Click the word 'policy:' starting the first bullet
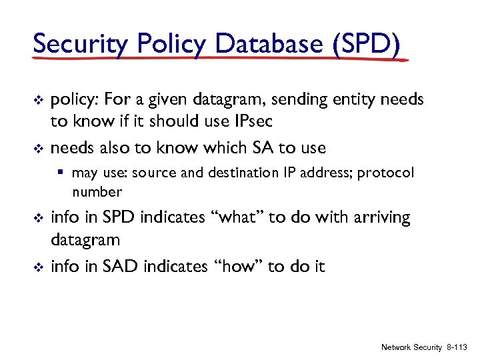(x=74, y=101)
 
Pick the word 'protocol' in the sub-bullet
(x=385, y=173)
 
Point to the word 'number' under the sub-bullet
(x=97, y=193)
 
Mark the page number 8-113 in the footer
(x=457, y=347)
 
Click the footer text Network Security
(x=411, y=347)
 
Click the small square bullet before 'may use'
(x=61, y=173)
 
